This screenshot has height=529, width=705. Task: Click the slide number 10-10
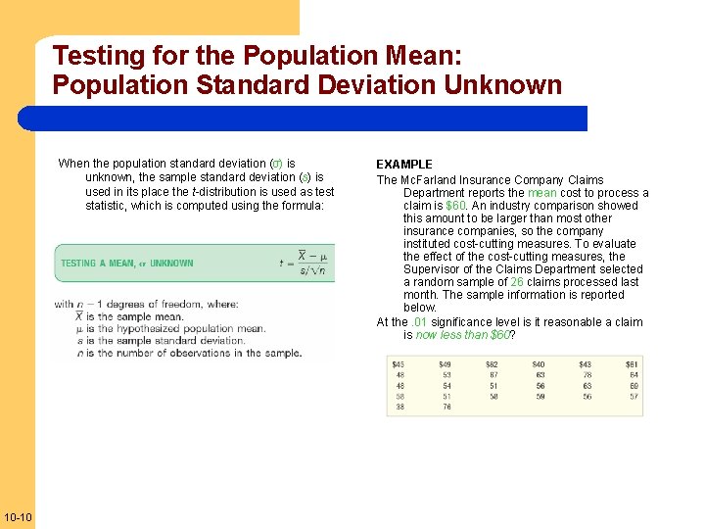18,516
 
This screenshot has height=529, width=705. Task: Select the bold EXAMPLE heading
404,165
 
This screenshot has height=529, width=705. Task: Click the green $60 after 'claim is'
455,206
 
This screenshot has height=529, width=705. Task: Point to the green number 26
516,282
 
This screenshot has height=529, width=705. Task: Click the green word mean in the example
541,193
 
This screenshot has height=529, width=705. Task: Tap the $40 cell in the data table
539,364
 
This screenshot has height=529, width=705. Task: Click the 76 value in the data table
446,407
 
